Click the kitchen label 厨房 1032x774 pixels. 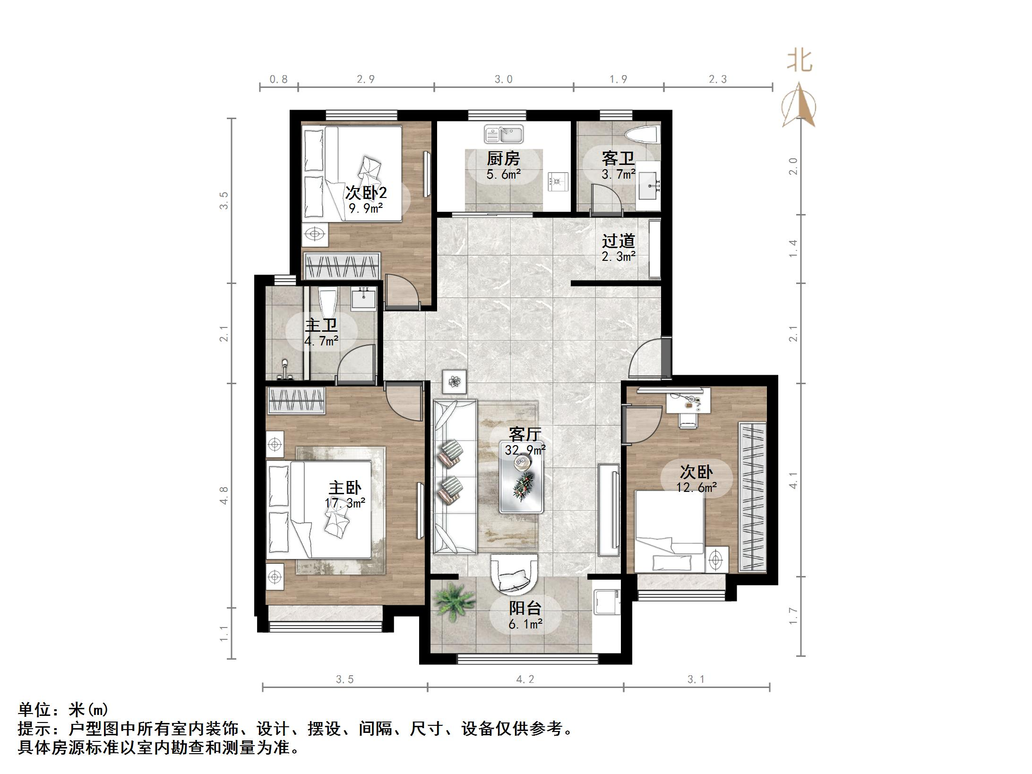(x=503, y=158)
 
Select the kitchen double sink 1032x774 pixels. (x=504, y=134)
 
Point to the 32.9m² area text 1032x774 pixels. (x=525, y=450)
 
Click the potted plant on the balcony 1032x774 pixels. (x=454, y=602)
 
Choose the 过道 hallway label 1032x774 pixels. (x=618, y=241)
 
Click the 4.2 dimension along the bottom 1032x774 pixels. (x=525, y=679)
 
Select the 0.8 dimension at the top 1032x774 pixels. (x=278, y=79)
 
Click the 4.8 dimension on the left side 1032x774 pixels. (x=224, y=495)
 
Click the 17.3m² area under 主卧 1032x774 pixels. (x=345, y=503)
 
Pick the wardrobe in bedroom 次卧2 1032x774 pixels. (x=342, y=266)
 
